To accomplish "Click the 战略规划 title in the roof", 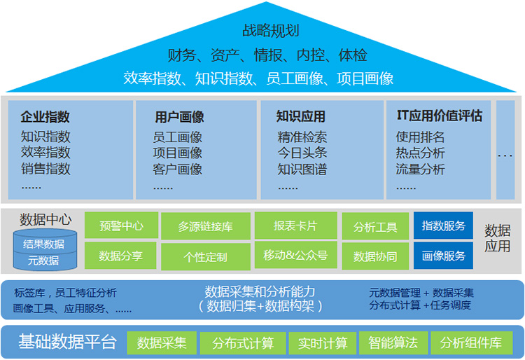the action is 270,31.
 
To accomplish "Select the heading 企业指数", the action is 45,117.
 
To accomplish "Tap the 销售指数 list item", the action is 45,169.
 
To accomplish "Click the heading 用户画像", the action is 179,117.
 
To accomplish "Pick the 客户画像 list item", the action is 178,169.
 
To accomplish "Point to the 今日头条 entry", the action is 302,153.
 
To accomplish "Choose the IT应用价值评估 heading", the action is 440,116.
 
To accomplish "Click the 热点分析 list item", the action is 420,153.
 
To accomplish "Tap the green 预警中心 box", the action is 121,225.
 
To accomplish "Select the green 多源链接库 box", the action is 206,226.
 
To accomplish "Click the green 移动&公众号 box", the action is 295,256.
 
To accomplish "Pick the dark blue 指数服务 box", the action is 443,226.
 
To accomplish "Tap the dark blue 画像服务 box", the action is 443,256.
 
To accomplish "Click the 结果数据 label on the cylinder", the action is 43,244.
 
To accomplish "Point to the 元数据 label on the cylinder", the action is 43,261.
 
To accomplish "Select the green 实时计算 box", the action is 323,343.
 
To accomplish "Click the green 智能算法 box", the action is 393,343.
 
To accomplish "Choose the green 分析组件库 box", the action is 471,343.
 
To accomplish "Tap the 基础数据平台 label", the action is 67,342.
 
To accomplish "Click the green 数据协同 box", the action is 375,256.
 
